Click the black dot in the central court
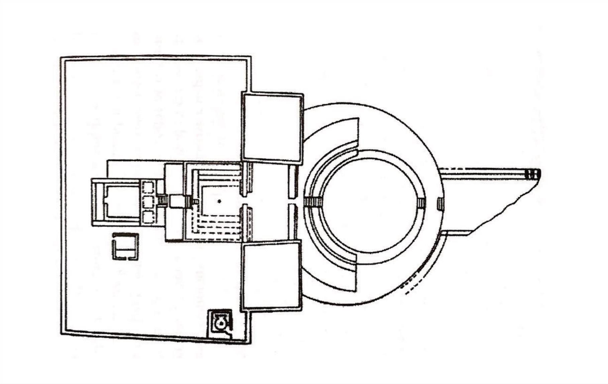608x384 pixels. tap(219, 201)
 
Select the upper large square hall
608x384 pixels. tap(272, 127)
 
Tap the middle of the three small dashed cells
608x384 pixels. tap(148, 202)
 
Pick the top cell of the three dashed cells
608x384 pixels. tap(148, 187)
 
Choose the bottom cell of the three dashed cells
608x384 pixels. tap(148, 217)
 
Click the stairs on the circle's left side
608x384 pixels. tap(314, 202)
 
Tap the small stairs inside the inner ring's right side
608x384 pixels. tap(421, 203)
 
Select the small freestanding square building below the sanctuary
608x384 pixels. tap(125, 247)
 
